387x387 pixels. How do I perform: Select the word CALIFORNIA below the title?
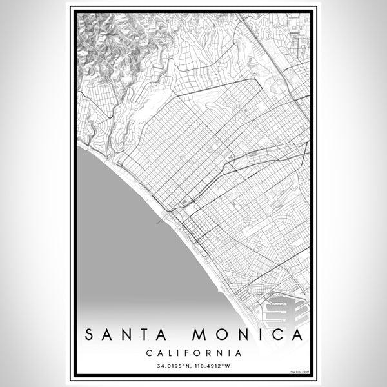193,353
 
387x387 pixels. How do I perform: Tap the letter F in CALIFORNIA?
188,353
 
